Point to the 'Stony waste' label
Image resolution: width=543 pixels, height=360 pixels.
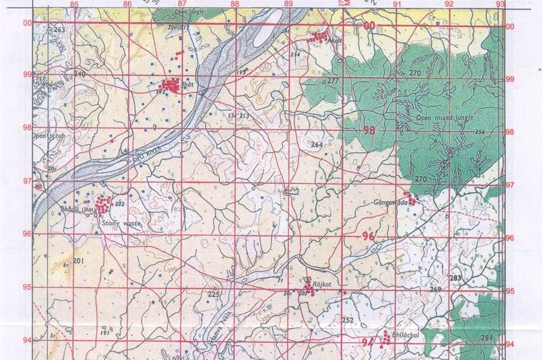(x=118, y=217)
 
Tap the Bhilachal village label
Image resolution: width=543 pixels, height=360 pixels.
(x=406, y=336)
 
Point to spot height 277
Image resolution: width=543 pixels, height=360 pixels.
(x=333, y=81)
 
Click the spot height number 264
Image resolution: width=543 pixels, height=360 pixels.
(x=317, y=145)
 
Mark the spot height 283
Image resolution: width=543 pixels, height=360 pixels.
(x=454, y=278)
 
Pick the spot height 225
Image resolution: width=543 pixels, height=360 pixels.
(x=213, y=294)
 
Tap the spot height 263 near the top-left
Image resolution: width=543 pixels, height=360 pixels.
(x=59, y=30)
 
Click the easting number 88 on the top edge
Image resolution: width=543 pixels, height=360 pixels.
(x=234, y=5)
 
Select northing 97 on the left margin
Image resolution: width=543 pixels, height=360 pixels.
(x=27, y=181)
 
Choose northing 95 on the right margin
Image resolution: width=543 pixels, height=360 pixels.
(x=510, y=291)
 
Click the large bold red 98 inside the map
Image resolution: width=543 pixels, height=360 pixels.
(x=369, y=130)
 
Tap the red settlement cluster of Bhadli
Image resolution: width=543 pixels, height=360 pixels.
(x=103, y=205)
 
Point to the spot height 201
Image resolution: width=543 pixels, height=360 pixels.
(x=79, y=261)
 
